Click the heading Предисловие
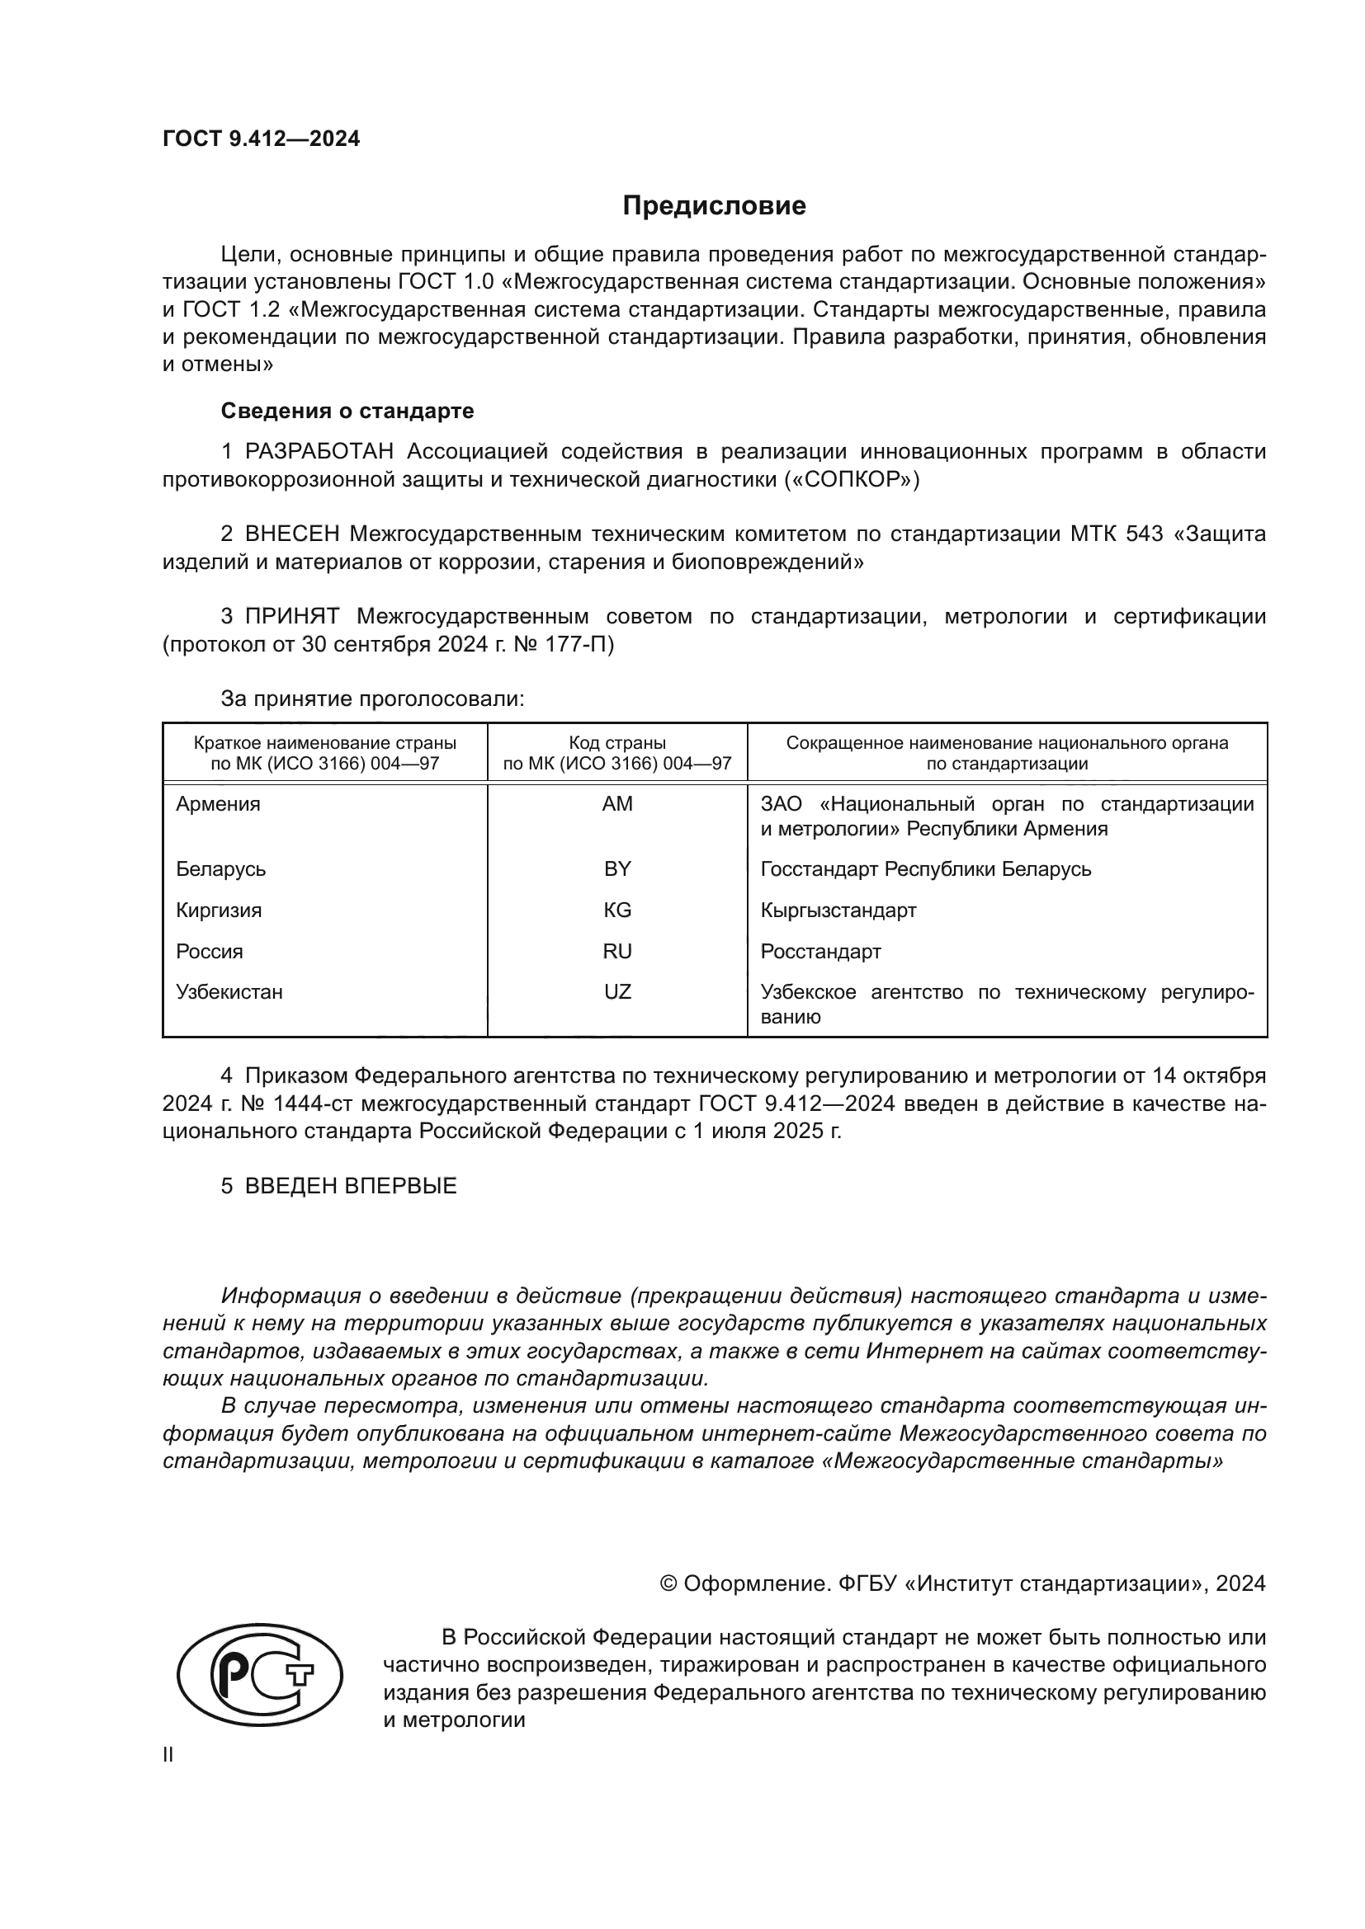pyautogui.click(x=714, y=206)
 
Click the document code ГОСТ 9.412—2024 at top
pyautogui.click(x=261, y=139)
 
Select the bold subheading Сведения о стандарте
pyautogui.click(x=347, y=411)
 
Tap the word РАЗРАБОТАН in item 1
pyautogui.click(x=319, y=452)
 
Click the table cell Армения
pyautogui.click(x=218, y=804)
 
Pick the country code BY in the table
pyautogui.click(x=617, y=868)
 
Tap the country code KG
pyautogui.click(x=617, y=910)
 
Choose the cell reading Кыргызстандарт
pyautogui.click(x=838, y=910)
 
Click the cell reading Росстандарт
pyautogui.click(x=820, y=951)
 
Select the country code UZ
pyautogui.click(x=617, y=991)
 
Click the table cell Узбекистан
pyautogui.click(x=229, y=991)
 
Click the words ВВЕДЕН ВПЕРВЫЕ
pyautogui.click(x=351, y=1186)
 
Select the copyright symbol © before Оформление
pyautogui.click(x=668, y=1583)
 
